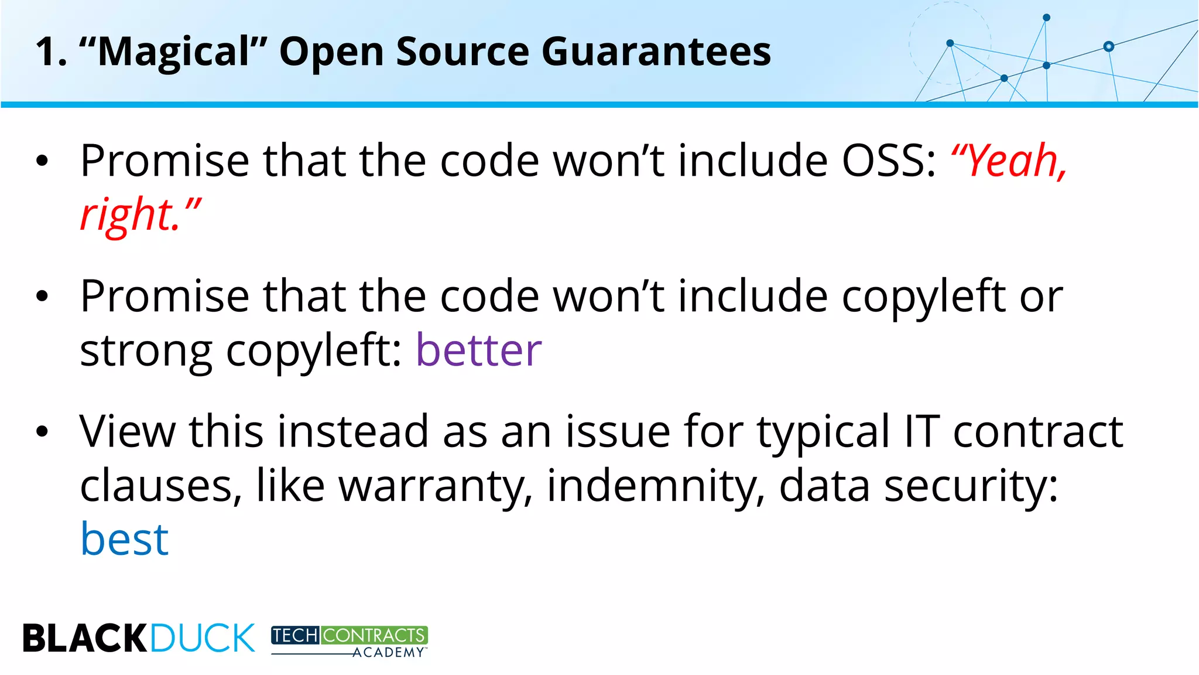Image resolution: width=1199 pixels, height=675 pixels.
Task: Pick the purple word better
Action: tap(478, 350)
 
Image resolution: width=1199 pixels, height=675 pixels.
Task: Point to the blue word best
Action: tap(124, 539)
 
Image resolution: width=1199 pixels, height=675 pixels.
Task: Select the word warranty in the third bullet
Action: tap(436, 486)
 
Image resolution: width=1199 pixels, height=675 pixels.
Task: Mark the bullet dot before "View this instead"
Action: tap(42, 432)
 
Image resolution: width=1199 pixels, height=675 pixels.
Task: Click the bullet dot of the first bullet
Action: tap(42, 161)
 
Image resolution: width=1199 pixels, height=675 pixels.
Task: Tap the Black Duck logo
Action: tap(139, 637)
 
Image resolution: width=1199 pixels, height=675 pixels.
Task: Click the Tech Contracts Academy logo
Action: tap(350, 641)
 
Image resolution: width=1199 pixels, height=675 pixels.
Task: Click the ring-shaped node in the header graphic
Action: tap(1108, 46)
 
